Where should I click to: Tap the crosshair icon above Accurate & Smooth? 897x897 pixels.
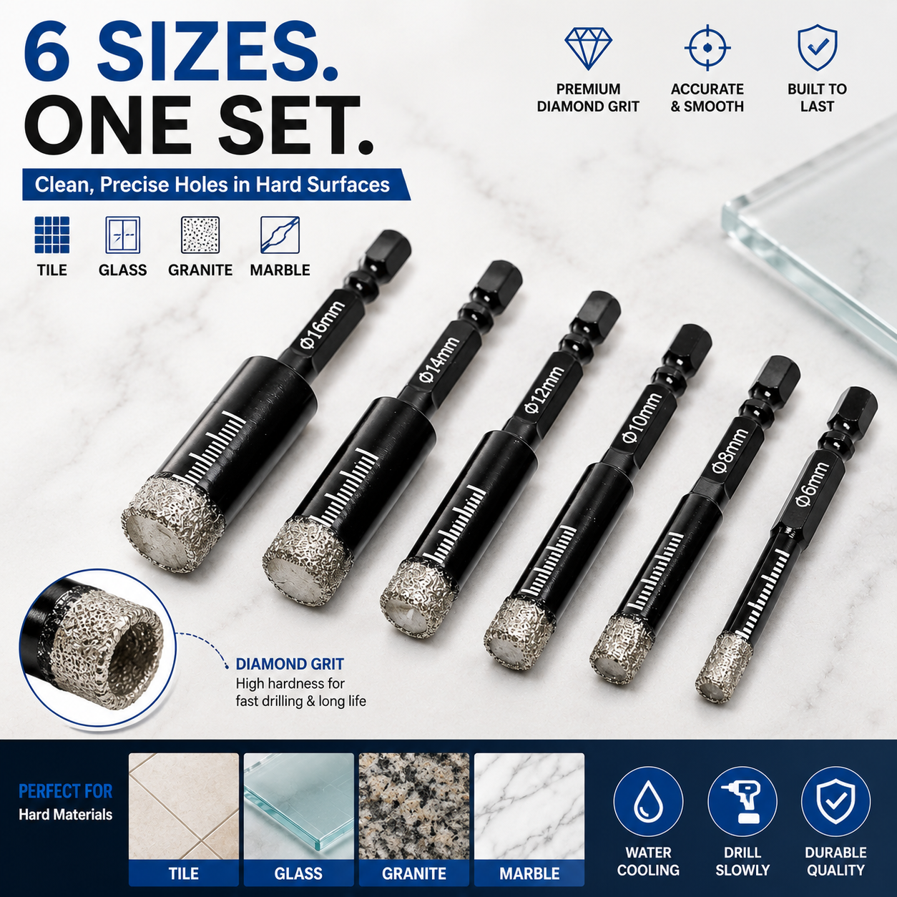point(707,48)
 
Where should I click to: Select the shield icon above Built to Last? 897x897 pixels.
point(818,48)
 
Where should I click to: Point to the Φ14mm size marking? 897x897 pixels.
point(438,361)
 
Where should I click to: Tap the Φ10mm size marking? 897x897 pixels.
point(642,419)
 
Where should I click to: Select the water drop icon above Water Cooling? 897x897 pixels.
point(647,802)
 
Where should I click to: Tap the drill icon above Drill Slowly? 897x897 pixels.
point(742,802)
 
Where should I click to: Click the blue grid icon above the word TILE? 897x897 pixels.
point(52,235)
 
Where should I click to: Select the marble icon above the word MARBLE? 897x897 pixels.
point(280,235)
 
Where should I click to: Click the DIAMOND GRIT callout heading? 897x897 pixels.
point(290,664)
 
